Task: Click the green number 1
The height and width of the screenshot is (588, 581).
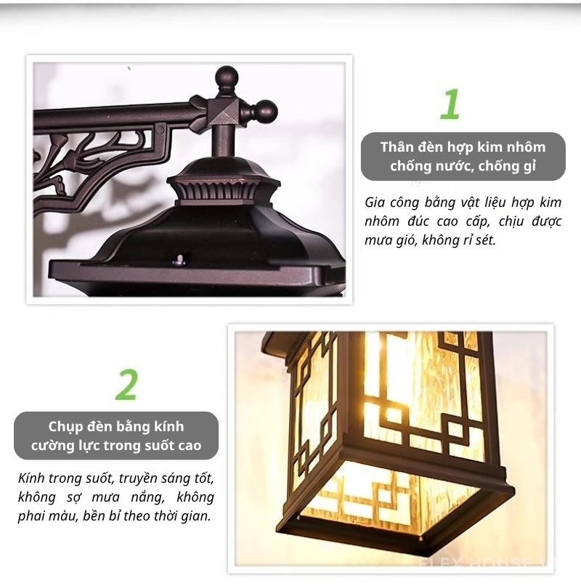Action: (x=450, y=104)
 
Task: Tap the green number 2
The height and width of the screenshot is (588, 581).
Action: (x=126, y=385)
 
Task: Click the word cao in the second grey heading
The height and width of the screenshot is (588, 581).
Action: (x=188, y=446)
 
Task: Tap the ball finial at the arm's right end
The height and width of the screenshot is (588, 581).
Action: (x=267, y=110)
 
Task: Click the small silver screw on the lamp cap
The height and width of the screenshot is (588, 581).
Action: (x=179, y=259)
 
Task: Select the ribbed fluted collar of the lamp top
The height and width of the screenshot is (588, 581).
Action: (x=224, y=190)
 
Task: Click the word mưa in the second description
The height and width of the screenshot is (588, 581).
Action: (x=106, y=497)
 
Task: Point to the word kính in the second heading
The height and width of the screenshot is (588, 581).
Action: (x=169, y=427)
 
